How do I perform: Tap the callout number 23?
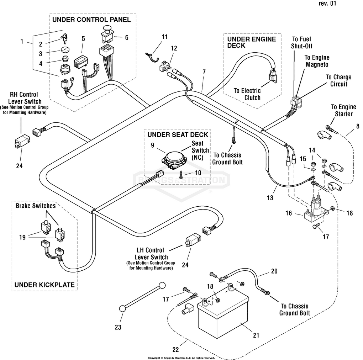118,327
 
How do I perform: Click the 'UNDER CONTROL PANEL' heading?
91,20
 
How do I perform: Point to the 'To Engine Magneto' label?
316,61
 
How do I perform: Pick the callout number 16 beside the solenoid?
289,213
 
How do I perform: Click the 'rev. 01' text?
327,4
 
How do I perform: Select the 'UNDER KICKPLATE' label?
44,285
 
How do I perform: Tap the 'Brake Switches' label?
36,206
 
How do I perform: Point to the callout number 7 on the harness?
204,72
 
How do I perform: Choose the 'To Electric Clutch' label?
247,94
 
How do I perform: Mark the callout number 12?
174,48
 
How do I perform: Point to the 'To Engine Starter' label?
343,110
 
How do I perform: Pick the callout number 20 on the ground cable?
274,271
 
